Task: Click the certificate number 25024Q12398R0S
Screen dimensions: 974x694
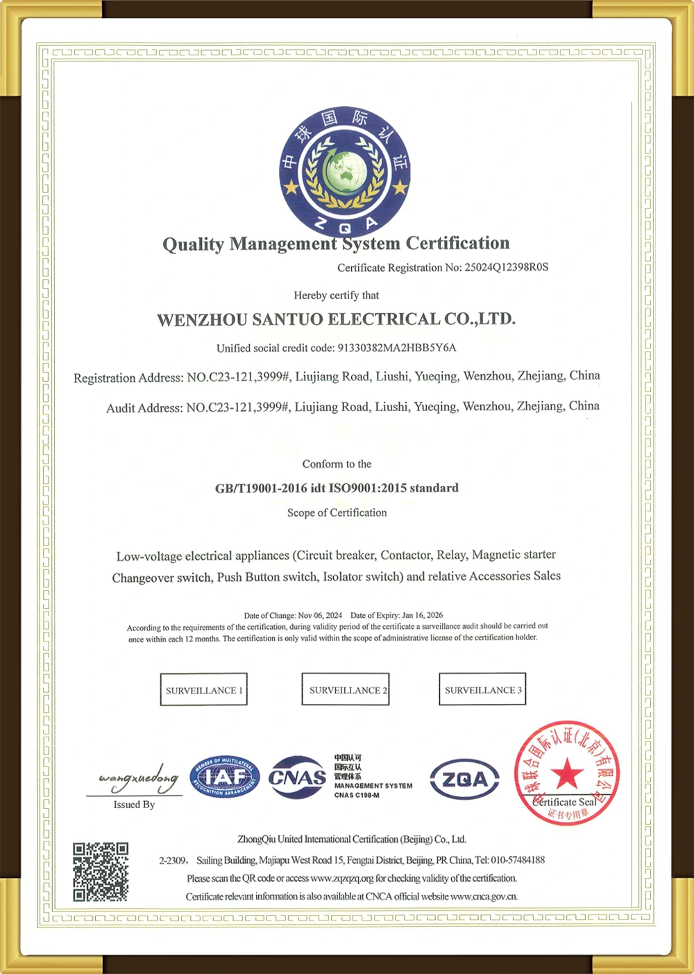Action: (x=506, y=267)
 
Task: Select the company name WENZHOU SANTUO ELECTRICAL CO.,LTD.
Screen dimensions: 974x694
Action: (x=336, y=319)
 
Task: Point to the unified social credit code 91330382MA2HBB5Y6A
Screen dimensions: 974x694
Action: (x=397, y=348)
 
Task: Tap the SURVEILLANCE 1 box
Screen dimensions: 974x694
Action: (x=204, y=690)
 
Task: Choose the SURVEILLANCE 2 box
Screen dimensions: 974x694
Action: (x=346, y=690)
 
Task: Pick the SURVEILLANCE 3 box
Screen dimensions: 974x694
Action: (x=482, y=689)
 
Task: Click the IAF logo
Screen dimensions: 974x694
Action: (x=224, y=777)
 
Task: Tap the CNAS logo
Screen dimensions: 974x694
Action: (x=297, y=778)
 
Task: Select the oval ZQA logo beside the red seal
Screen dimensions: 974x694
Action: (x=464, y=779)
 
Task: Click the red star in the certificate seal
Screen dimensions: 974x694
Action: (x=567, y=772)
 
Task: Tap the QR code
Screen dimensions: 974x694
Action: (x=101, y=871)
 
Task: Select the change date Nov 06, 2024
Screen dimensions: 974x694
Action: (x=320, y=615)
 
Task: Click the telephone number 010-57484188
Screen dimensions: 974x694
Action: (x=518, y=860)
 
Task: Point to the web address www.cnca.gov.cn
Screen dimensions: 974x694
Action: (x=484, y=896)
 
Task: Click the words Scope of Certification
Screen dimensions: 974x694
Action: (x=337, y=512)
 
